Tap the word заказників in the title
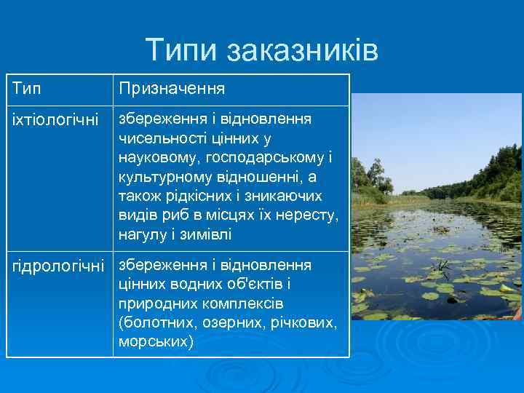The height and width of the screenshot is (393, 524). pos(302,50)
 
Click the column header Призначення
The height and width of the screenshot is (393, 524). pos(172,89)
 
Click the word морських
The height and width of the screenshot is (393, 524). pos(156,342)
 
